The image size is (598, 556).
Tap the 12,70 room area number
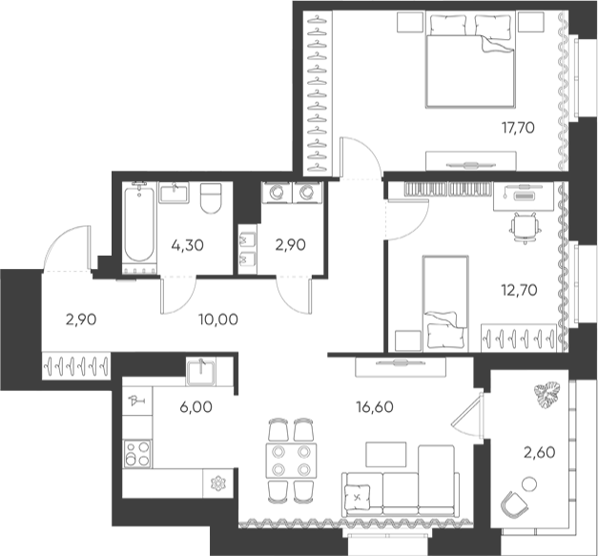click(519, 290)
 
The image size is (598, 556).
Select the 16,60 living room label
click(375, 407)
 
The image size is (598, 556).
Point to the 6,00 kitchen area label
click(196, 407)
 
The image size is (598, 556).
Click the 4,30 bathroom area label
click(188, 245)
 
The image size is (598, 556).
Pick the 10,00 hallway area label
click(218, 319)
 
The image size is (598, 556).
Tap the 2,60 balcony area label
click(539, 453)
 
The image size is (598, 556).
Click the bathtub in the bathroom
click(139, 223)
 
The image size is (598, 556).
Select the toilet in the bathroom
click(211, 197)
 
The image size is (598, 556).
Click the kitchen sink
click(201, 371)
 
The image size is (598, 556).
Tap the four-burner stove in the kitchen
click(137, 453)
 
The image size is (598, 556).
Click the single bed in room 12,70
click(445, 302)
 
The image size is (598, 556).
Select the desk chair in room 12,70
click(526, 228)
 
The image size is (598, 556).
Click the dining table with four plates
click(292, 461)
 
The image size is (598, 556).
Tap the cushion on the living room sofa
click(358, 497)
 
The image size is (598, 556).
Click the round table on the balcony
click(529, 484)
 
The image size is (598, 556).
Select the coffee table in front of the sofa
click(386, 454)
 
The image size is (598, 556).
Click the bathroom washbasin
click(174, 193)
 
